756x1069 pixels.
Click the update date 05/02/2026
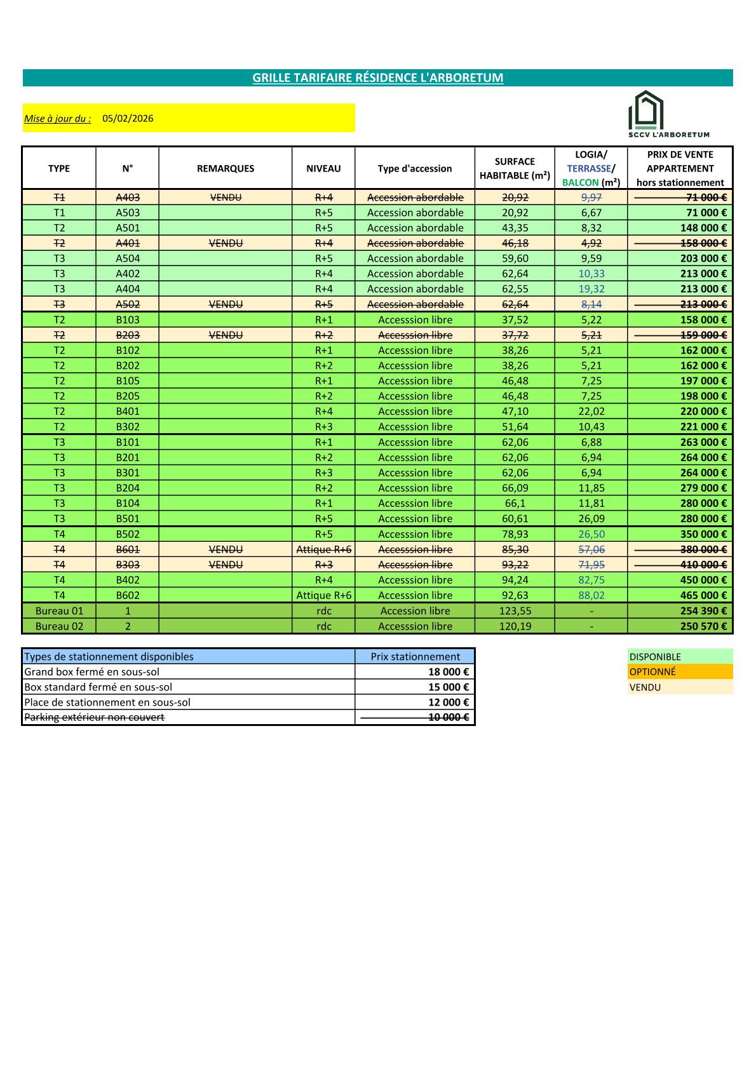[x=128, y=118]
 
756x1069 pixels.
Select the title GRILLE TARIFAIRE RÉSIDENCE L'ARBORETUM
[x=377, y=77]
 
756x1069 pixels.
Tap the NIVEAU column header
[x=323, y=168]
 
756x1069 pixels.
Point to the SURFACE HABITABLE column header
[x=515, y=168]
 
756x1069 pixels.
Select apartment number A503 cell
[x=128, y=213]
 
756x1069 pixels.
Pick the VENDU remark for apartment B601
[x=226, y=549]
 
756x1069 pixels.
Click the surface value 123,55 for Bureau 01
[x=515, y=610]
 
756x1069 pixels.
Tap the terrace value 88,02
[x=591, y=595]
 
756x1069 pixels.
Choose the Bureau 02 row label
[x=59, y=626]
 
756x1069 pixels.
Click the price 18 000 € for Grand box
[x=449, y=671]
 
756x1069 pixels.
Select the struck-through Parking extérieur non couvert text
[x=94, y=717]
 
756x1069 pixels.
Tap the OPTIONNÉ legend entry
[x=652, y=671]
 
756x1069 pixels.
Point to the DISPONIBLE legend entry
[x=655, y=657]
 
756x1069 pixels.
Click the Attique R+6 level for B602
[x=323, y=595]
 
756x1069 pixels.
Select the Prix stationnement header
[x=415, y=657]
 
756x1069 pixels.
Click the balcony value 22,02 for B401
[x=591, y=412]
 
